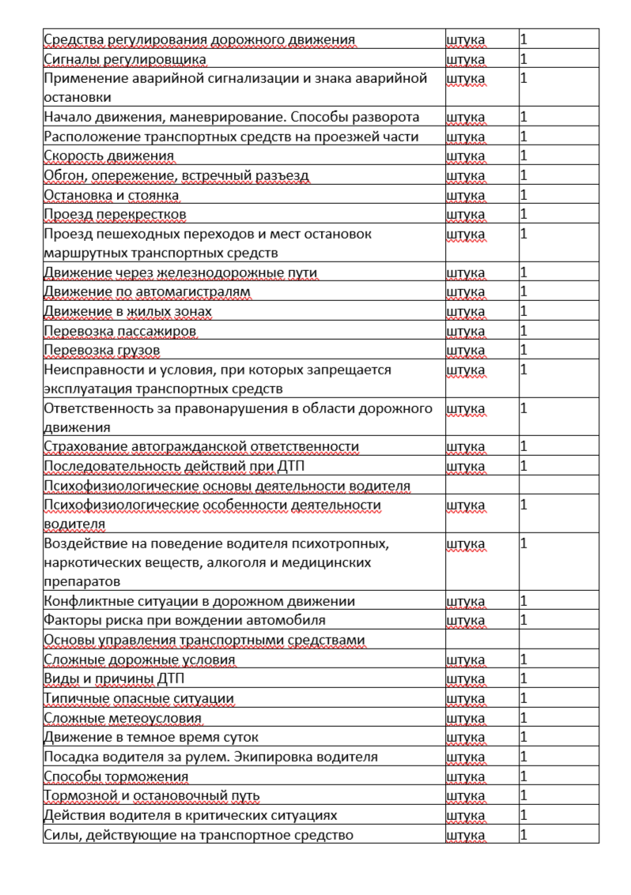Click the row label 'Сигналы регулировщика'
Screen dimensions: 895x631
pos(125,59)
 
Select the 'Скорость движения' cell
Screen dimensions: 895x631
pos(109,156)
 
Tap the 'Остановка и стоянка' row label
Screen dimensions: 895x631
pos(111,195)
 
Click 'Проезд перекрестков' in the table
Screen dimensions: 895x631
pos(115,215)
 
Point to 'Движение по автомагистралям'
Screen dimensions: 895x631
pos(147,292)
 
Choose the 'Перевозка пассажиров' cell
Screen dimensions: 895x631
pos(120,331)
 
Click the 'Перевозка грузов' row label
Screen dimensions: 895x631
pos(102,350)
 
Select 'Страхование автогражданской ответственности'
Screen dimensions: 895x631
pos(202,447)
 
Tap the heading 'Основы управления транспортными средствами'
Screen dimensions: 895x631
pos(204,640)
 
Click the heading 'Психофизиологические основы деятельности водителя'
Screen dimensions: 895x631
pos(227,486)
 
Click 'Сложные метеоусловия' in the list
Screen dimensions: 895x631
pos(123,718)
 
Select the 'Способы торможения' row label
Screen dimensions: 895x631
pos(116,777)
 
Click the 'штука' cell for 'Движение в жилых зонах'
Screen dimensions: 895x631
pos(466,312)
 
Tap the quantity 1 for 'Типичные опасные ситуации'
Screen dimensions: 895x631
pos(523,698)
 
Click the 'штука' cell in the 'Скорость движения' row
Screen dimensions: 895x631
pos(466,156)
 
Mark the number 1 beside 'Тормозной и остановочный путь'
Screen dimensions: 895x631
pos(523,795)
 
